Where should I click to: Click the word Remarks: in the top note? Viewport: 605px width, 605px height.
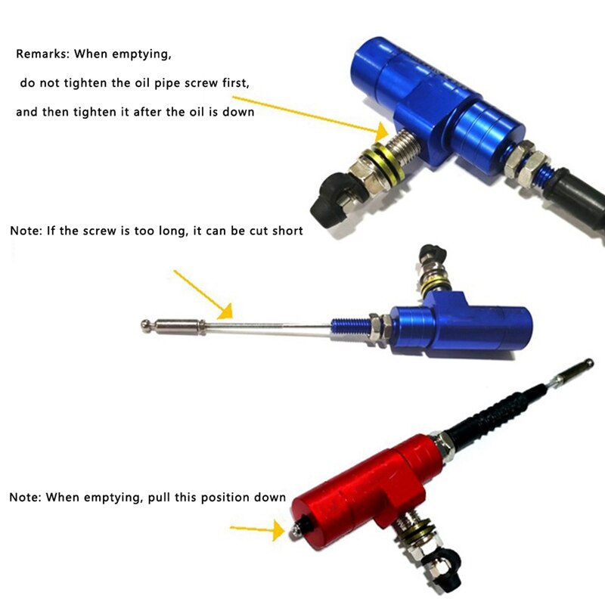pyautogui.click(x=43, y=55)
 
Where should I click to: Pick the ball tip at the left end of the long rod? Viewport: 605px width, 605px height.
pyautogui.click(x=145, y=325)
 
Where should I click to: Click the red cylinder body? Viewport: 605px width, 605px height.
pyautogui.click(x=355, y=484)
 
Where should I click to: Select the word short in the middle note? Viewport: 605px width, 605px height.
pyautogui.click(x=286, y=231)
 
